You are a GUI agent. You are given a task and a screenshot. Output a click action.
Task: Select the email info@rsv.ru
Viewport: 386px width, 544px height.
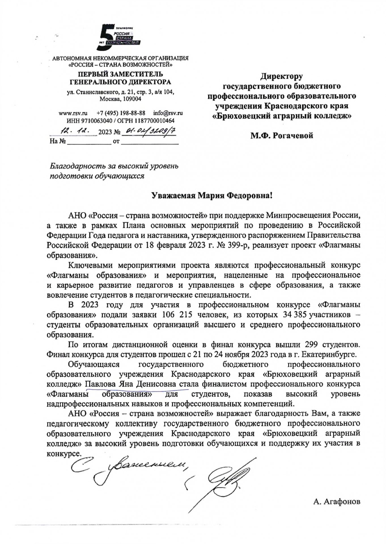point(168,113)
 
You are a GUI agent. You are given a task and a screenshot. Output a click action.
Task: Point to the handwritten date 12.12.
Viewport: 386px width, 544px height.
point(75,131)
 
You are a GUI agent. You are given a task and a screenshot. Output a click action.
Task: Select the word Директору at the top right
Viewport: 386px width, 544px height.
point(282,76)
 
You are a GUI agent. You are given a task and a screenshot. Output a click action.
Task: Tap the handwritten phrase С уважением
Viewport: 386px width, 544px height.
point(128,469)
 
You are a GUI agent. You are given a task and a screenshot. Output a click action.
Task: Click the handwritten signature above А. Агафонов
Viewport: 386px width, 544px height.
point(224,479)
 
